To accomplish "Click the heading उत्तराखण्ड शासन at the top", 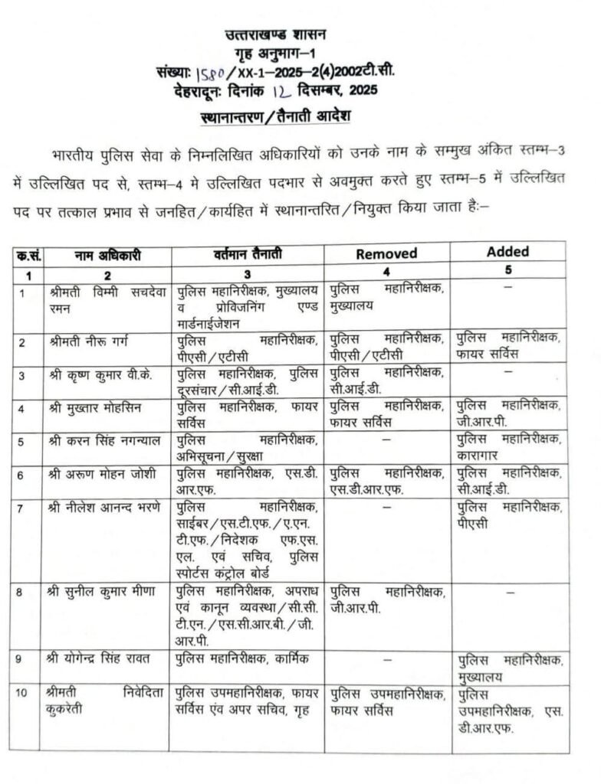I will click(x=276, y=34).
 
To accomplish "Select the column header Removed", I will click(x=386, y=253).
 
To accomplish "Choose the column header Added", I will click(x=507, y=251).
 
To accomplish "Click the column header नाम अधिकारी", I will click(x=108, y=256).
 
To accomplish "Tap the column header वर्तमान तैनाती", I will click(x=246, y=254).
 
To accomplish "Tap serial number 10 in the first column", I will click(x=23, y=694).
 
